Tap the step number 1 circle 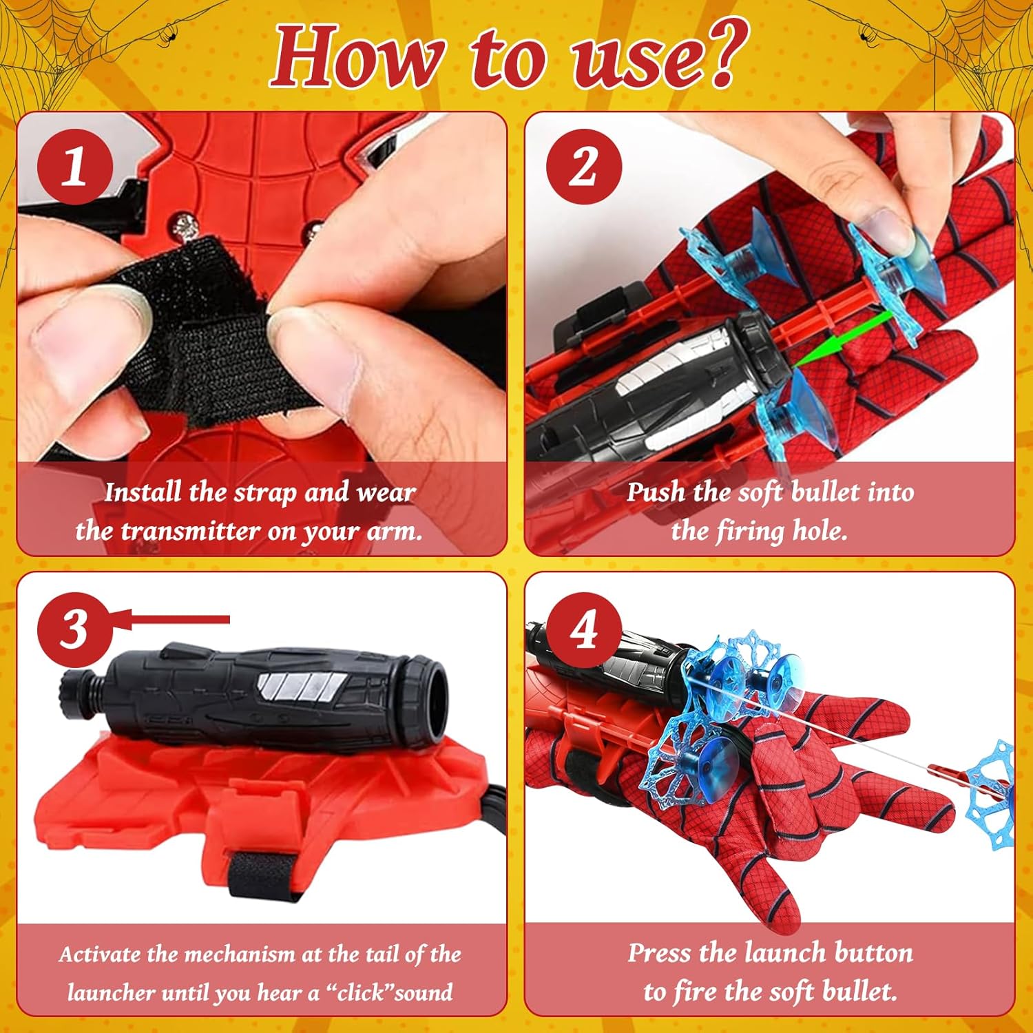[x=75, y=167]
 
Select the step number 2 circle [x=583, y=167]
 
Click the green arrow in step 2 [x=841, y=342]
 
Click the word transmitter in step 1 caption [x=190, y=531]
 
